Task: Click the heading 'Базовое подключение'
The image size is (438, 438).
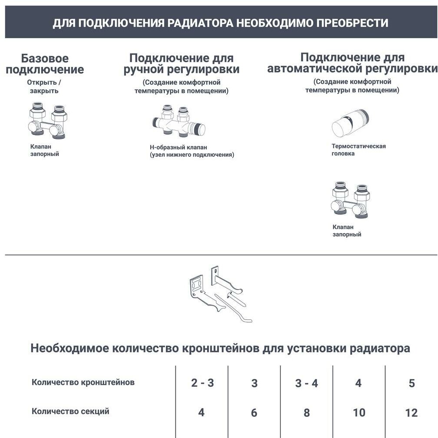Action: (x=45, y=64)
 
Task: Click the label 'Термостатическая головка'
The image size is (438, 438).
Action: (x=359, y=150)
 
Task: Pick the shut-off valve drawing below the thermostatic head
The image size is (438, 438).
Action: (x=349, y=200)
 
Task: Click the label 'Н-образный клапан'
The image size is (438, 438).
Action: (x=178, y=148)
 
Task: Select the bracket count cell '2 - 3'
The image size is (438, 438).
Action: (x=202, y=383)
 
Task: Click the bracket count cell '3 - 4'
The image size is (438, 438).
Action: (x=306, y=383)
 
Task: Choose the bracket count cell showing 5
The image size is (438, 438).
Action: (x=412, y=383)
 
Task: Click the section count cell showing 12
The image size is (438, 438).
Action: (x=411, y=412)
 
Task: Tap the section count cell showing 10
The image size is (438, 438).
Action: (x=359, y=412)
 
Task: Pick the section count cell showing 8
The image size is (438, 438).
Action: (x=306, y=412)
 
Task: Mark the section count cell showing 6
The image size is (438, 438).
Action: (x=254, y=412)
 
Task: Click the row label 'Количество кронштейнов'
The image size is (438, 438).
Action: (x=83, y=382)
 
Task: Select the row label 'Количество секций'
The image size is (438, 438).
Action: (x=70, y=411)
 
